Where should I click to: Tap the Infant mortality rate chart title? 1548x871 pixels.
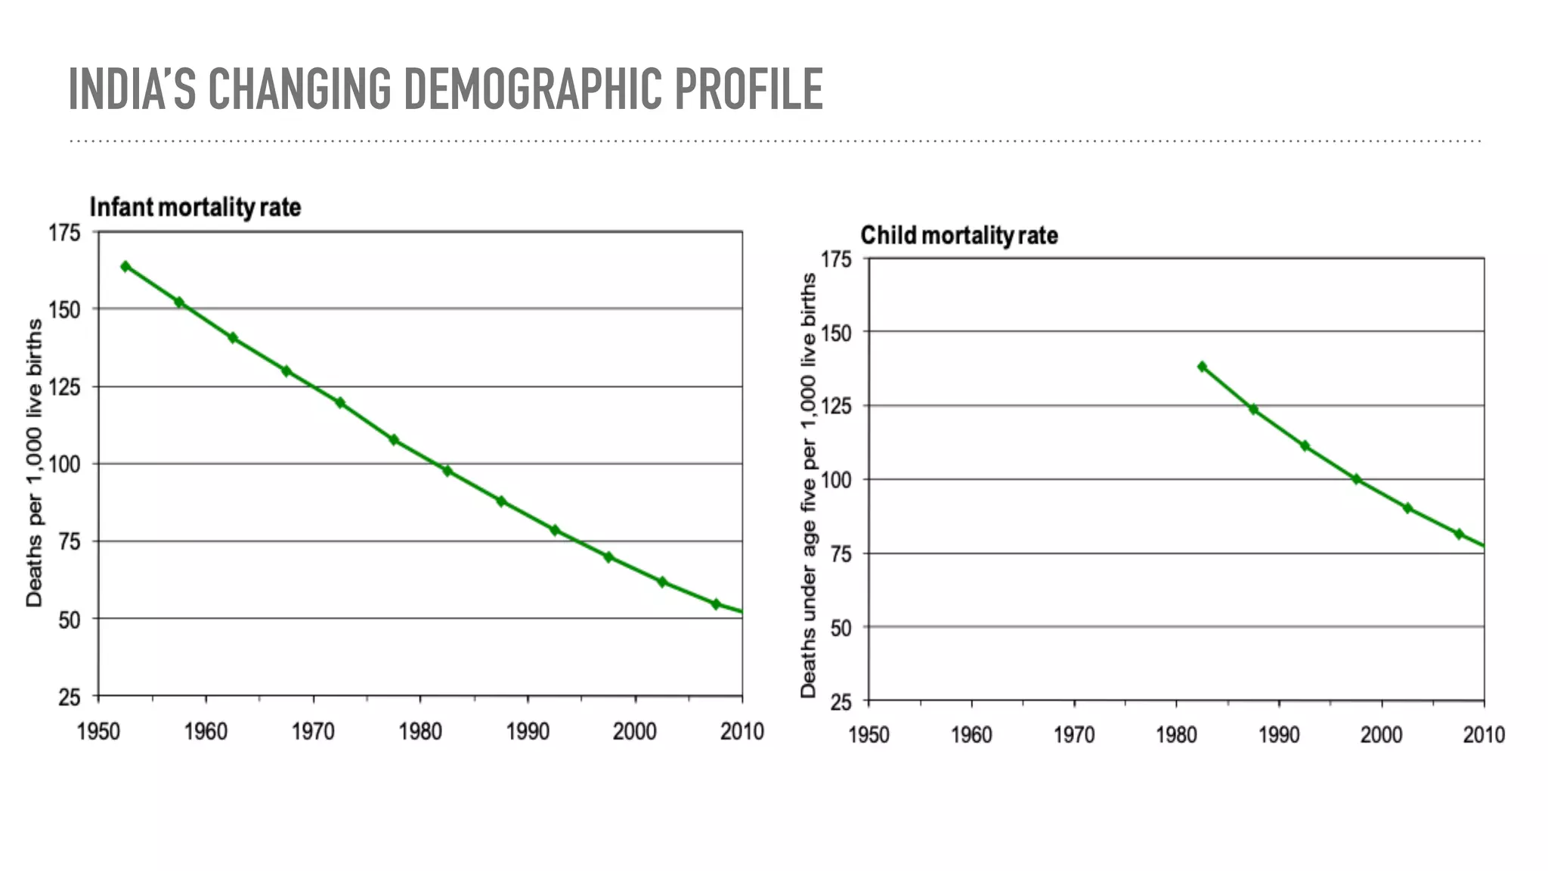[x=195, y=207]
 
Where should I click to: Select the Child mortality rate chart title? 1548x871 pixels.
[x=958, y=235]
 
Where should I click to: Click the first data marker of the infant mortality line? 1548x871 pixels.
[x=125, y=266]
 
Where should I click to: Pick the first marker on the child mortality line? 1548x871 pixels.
[x=1202, y=367]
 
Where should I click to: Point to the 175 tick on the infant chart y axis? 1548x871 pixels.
[x=65, y=233]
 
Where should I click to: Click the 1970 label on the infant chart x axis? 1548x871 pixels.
[x=313, y=732]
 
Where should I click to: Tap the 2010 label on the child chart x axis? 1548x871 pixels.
[x=1483, y=735]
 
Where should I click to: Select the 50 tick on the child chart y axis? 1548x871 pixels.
[x=841, y=628]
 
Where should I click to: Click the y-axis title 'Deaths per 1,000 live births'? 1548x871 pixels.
[x=34, y=463]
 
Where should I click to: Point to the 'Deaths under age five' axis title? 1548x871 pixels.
[x=808, y=485]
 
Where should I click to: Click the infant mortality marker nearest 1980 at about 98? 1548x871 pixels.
[x=447, y=471]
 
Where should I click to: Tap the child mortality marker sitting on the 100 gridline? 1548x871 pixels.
[x=1356, y=479]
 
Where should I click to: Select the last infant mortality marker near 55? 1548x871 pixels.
[x=715, y=604]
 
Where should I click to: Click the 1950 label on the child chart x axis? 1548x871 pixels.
[x=868, y=735]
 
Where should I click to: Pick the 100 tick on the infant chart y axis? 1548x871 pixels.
[x=65, y=464]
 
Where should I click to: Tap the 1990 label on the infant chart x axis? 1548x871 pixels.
[x=528, y=732]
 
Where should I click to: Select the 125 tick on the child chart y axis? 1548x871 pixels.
[x=836, y=406]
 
